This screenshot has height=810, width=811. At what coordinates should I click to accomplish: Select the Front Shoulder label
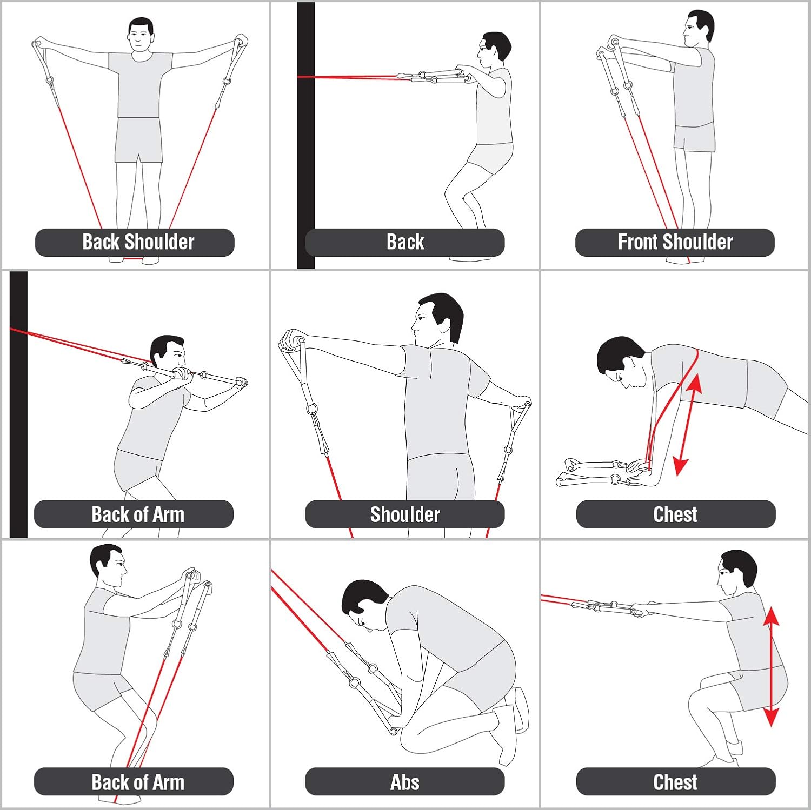click(675, 242)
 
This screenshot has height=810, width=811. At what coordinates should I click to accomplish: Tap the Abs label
click(404, 781)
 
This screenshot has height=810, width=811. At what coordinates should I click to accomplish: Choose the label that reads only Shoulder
click(404, 514)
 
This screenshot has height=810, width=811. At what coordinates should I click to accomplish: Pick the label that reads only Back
click(404, 242)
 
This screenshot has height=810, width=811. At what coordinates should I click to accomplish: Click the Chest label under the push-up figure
click(675, 514)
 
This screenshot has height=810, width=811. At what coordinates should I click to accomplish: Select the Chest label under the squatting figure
click(675, 781)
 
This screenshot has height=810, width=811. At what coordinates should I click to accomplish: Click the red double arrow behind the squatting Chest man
click(771, 667)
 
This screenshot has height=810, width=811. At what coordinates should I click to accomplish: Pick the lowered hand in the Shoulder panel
click(522, 402)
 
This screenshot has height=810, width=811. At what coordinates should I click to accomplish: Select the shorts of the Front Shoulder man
click(694, 138)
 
